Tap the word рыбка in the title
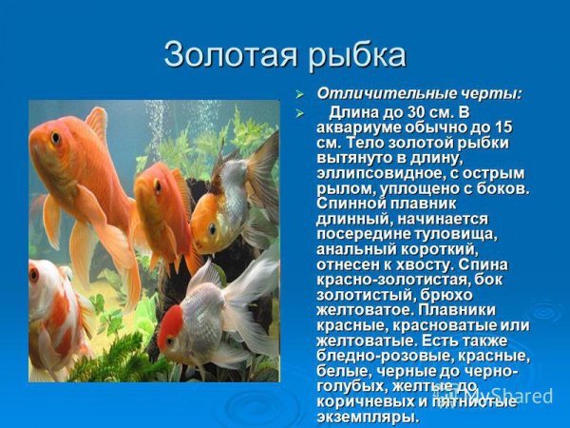click(x=355, y=54)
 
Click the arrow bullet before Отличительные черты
click(x=299, y=94)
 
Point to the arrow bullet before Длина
click(x=299, y=113)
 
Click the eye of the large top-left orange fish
click(x=56, y=139)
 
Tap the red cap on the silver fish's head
click(x=172, y=324)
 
